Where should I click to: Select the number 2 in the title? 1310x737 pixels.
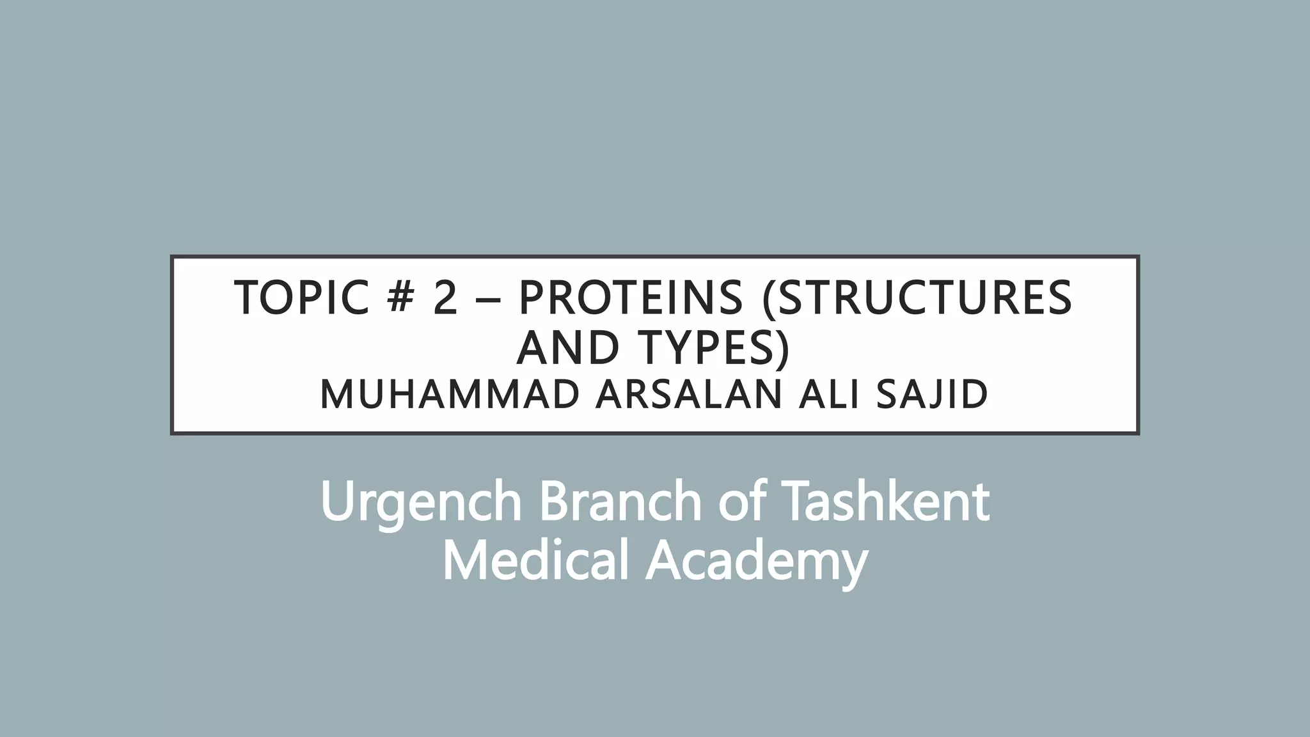[x=446, y=298]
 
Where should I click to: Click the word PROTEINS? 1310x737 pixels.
[x=631, y=298]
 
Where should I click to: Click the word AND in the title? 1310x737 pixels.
[x=568, y=349]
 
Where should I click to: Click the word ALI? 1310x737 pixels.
[x=830, y=395]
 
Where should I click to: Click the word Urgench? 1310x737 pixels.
[x=422, y=503]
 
